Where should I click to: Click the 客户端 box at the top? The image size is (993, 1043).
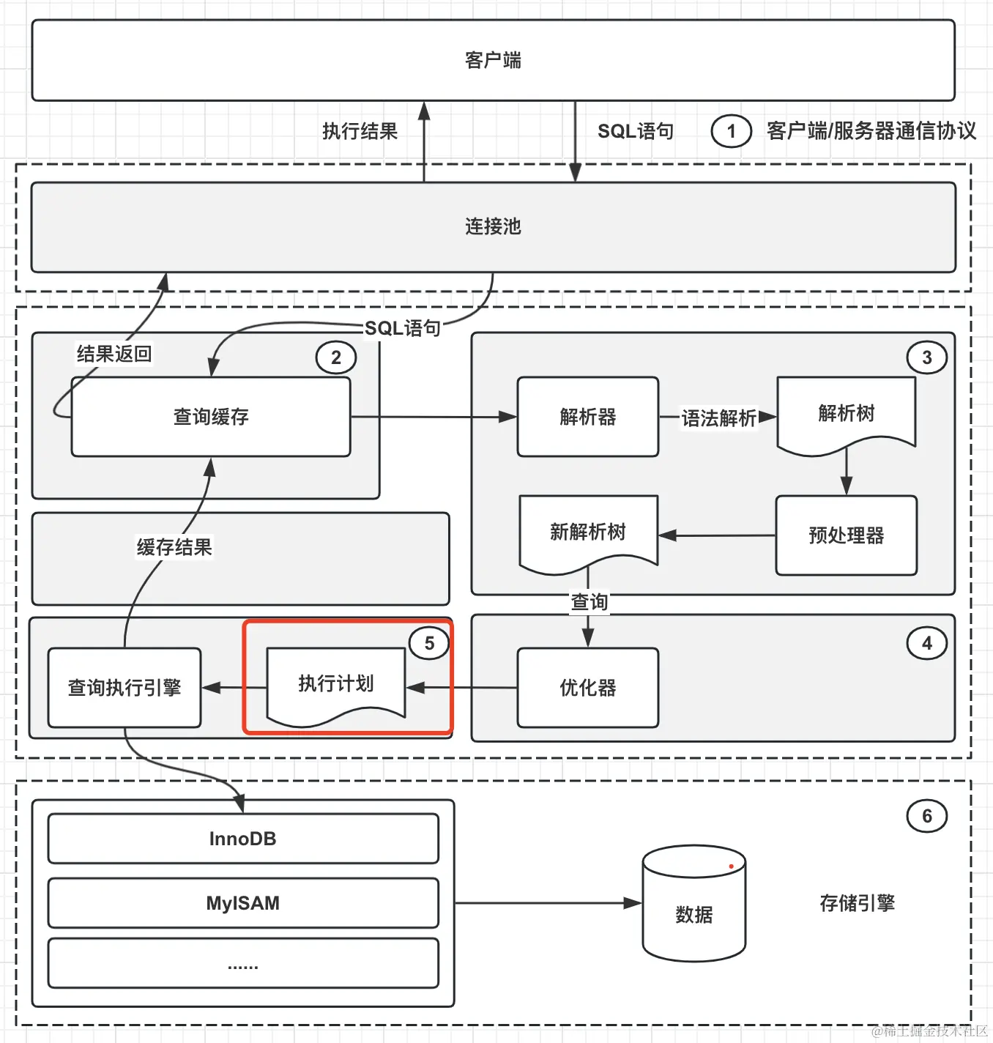coord(493,60)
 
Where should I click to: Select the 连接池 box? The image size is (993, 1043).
coord(493,226)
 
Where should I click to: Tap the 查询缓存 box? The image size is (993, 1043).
coord(211,417)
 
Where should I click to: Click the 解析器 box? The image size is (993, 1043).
coord(587,417)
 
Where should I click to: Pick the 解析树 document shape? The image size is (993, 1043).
coord(846,413)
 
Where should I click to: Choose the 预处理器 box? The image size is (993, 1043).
coord(846,535)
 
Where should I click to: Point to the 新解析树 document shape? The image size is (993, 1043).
coord(587,532)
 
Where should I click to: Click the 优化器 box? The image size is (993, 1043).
coord(587,688)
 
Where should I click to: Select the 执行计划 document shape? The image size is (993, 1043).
coord(335,684)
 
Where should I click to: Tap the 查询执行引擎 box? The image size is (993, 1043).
coord(124,688)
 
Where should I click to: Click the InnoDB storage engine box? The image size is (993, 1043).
coord(242,839)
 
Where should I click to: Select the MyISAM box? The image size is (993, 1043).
coord(242,903)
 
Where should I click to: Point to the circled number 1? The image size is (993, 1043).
coord(731,132)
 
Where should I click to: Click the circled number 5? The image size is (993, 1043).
coord(429,644)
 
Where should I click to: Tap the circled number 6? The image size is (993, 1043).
coord(926,816)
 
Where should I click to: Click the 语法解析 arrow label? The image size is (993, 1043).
coord(718,418)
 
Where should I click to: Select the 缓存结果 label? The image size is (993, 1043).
coord(174,547)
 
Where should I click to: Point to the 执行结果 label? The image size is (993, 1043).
coord(360,131)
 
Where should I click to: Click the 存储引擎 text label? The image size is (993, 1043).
coord(857,903)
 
